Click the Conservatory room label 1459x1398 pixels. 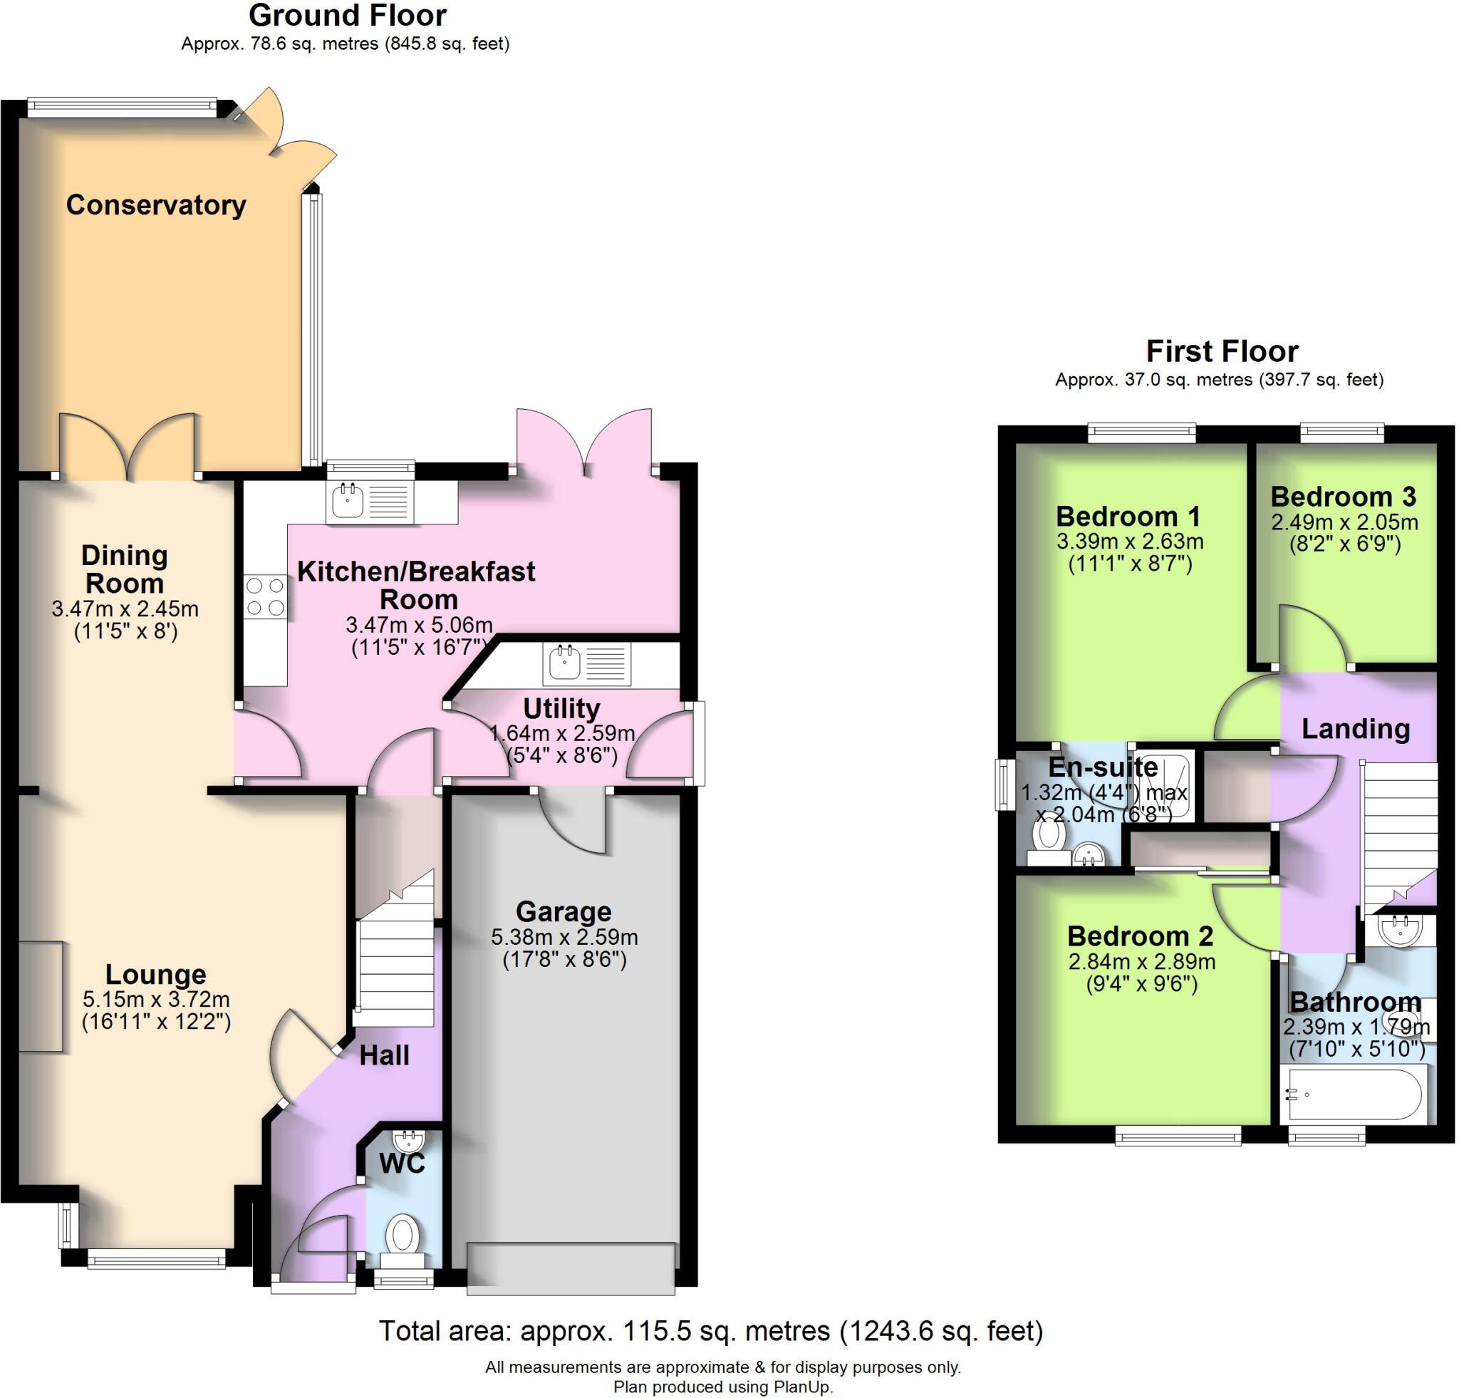(155, 204)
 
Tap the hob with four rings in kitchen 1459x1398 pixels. (266, 596)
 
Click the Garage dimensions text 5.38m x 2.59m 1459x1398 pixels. (564, 936)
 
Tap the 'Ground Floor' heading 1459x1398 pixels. (347, 15)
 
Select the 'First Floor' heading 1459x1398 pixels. (1222, 351)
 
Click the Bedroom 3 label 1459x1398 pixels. (1343, 496)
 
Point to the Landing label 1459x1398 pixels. (1355, 728)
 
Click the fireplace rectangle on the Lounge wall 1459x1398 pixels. (40, 996)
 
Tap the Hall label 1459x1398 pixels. (384, 1055)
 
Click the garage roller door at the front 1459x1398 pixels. (571, 1267)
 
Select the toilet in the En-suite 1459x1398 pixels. (1049, 834)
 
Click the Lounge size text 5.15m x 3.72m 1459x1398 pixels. (155, 998)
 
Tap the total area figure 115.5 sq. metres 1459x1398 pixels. (676, 1330)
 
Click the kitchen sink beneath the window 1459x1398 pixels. (348, 500)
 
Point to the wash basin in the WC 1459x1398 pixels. (408, 1139)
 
